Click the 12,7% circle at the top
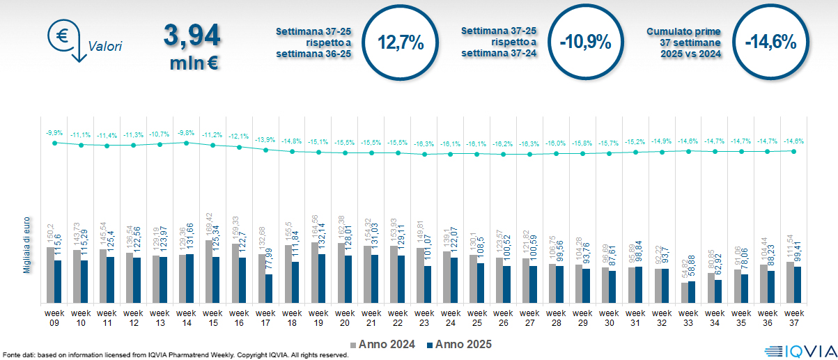tap(401, 42)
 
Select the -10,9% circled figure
tap(585, 42)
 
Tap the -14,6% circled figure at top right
tap(770, 42)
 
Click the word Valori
tap(105, 47)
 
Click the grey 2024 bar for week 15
tap(208, 272)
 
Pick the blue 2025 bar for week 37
tap(798, 284)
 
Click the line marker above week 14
tap(186, 143)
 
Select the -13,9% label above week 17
tap(265, 140)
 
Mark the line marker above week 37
tap(794, 150)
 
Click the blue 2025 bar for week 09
tap(58, 281)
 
